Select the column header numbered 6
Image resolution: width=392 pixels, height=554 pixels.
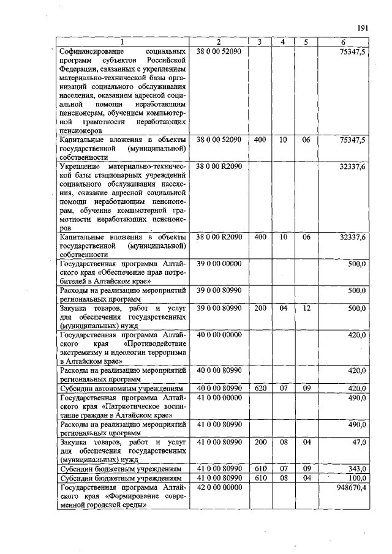click(343, 42)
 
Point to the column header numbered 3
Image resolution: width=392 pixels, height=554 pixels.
click(260, 42)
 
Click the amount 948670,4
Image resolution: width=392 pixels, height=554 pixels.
click(349, 487)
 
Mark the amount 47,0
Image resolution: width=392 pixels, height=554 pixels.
click(358, 442)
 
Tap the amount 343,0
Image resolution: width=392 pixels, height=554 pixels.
click(356, 469)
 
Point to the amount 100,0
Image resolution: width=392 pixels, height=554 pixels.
click(356, 477)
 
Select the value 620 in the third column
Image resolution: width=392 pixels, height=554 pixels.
click(260, 389)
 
